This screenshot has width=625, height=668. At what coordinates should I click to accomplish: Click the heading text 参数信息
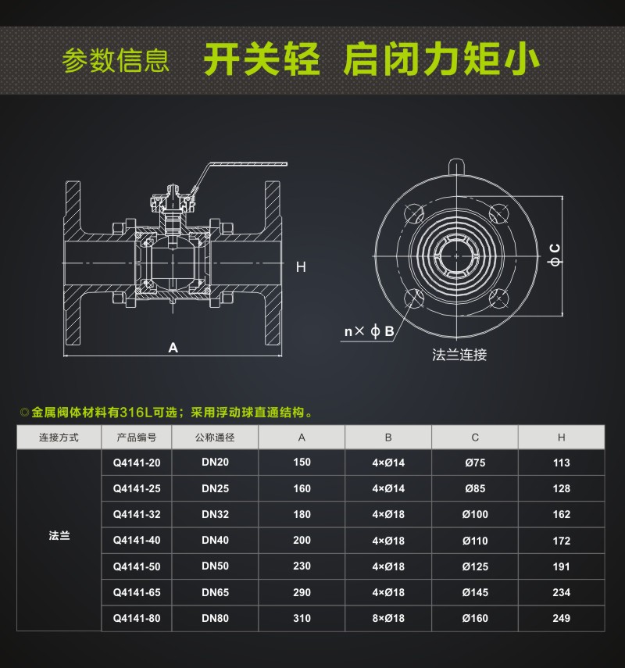[x=116, y=61]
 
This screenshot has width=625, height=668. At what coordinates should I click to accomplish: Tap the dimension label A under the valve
[x=173, y=348]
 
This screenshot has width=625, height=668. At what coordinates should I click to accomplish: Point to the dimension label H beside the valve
[x=301, y=267]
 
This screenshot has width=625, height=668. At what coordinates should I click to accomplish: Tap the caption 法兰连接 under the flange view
[x=459, y=355]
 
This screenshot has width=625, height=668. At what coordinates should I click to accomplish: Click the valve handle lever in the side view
[x=242, y=166]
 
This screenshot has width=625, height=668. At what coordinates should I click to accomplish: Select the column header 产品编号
[x=137, y=438]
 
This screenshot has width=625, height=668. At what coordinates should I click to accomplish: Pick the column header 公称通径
[x=215, y=438]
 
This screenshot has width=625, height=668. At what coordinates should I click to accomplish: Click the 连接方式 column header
[x=59, y=438]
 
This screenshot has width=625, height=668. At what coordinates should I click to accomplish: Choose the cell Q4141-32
[x=137, y=514]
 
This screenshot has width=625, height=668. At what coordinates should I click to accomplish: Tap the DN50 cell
[x=215, y=566]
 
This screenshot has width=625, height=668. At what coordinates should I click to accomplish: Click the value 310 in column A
[x=302, y=618]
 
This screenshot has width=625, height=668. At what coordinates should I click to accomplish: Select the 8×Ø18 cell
[x=388, y=618]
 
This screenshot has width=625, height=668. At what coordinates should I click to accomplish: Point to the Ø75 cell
[x=474, y=463]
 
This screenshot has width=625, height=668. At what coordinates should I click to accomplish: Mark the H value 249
[x=561, y=618]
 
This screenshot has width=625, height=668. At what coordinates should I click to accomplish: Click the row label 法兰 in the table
[x=59, y=537]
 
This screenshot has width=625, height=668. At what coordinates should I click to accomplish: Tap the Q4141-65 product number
[x=137, y=592]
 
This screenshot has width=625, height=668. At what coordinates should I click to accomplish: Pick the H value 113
[x=561, y=463]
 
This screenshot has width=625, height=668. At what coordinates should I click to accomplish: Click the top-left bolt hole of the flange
[x=414, y=213]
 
